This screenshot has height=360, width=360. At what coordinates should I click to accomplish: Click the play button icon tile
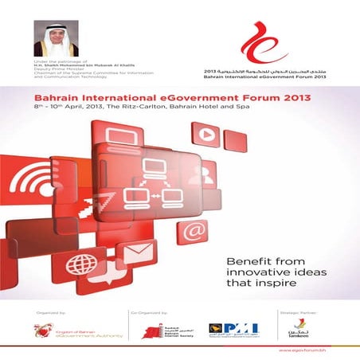pyautogui.click(x=206, y=135)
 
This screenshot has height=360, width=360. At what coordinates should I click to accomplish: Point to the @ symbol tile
pyautogui.click(x=193, y=231)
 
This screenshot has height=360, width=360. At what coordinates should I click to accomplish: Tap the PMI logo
pyautogui.click(x=240, y=329)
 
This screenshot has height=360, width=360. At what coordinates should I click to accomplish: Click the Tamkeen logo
pyautogui.click(x=299, y=328)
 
